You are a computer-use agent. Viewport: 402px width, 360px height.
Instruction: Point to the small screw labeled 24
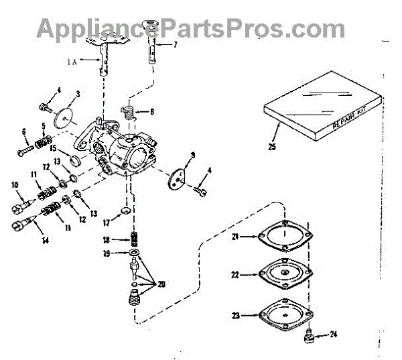(x=310, y=333)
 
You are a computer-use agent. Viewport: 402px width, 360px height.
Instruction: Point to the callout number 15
(x=52, y=148)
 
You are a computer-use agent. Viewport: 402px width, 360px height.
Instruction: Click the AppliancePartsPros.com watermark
(x=190, y=28)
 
